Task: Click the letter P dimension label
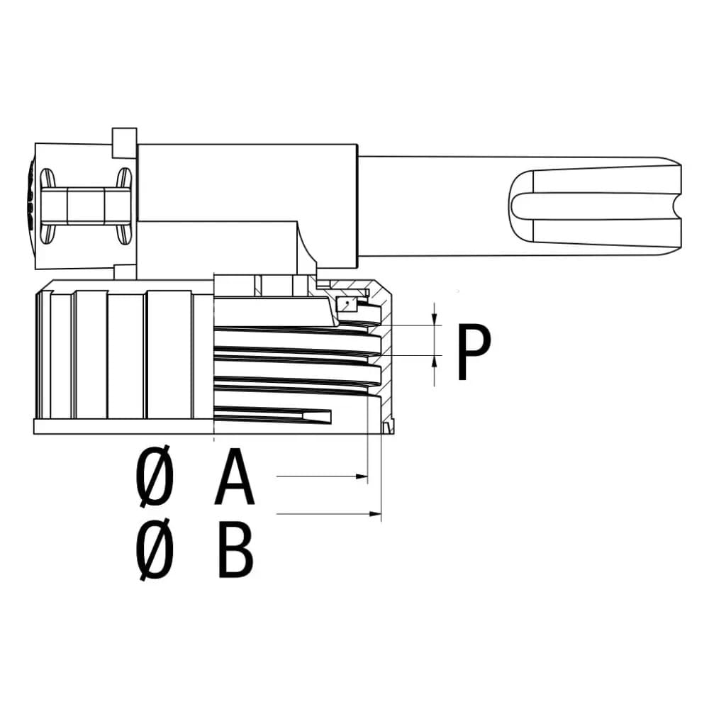pyautogui.click(x=474, y=352)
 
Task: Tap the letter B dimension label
pyautogui.click(x=235, y=549)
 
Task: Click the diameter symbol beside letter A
pyautogui.click(x=155, y=475)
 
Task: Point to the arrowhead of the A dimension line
pyautogui.click(x=362, y=476)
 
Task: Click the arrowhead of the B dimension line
pyautogui.click(x=376, y=513)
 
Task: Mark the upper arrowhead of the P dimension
pyautogui.click(x=435, y=319)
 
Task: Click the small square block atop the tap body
pyautogui.click(x=124, y=143)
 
